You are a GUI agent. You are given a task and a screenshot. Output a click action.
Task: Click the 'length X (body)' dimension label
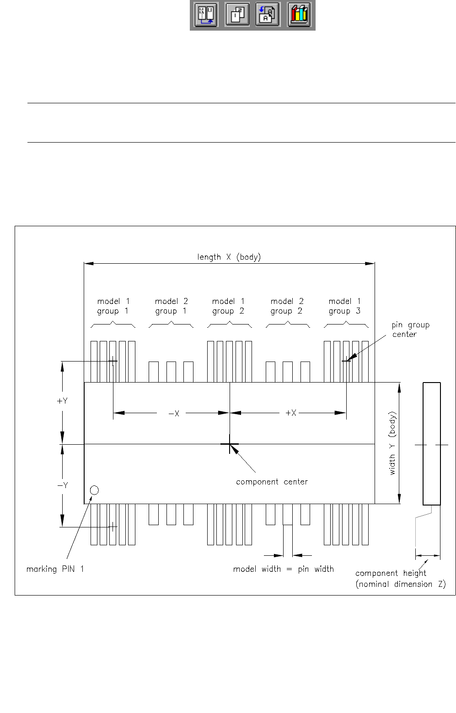pyautogui.click(x=229, y=257)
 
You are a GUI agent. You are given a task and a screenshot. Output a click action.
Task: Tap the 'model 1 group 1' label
pyautogui.click(x=113, y=306)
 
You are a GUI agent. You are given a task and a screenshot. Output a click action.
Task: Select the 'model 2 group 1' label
pyautogui.click(x=171, y=306)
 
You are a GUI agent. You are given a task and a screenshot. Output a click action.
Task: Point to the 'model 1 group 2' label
pyautogui.click(x=228, y=306)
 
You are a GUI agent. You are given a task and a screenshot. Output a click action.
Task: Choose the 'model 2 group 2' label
pyautogui.click(x=287, y=306)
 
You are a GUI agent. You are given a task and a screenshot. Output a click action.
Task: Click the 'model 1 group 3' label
pyautogui.click(x=344, y=306)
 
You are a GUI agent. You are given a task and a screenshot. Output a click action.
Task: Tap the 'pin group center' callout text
pyautogui.click(x=410, y=330)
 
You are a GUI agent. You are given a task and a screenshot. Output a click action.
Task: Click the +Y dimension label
pyautogui.click(x=62, y=401)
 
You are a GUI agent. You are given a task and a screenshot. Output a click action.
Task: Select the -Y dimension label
pyautogui.click(x=62, y=485)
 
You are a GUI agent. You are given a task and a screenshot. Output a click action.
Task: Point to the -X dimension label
pyautogui.click(x=174, y=413)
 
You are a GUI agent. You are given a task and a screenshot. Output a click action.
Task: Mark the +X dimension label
pyautogui.click(x=291, y=413)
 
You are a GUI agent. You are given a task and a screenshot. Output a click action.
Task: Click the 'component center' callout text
pyautogui.click(x=272, y=482)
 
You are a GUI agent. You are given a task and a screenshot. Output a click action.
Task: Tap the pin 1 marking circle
pyautogui.click(x=94, y=490)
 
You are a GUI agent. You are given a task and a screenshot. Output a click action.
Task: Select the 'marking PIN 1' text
pyautogui.click(x=55, y=569)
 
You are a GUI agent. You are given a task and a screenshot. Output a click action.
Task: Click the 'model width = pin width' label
pyautogui.click(x=283, y=569)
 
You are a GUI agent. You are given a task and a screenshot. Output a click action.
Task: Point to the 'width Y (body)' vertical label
pyautogui.click(x=392, y=443)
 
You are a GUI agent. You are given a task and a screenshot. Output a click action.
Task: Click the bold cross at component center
pyautogui.click(x=230, y=444)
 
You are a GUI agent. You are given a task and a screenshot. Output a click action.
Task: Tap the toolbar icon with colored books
pyautogui.click(x=299, y=15)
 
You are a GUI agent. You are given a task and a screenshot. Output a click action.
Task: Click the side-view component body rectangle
pyautogui.click(x=431, y=443)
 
